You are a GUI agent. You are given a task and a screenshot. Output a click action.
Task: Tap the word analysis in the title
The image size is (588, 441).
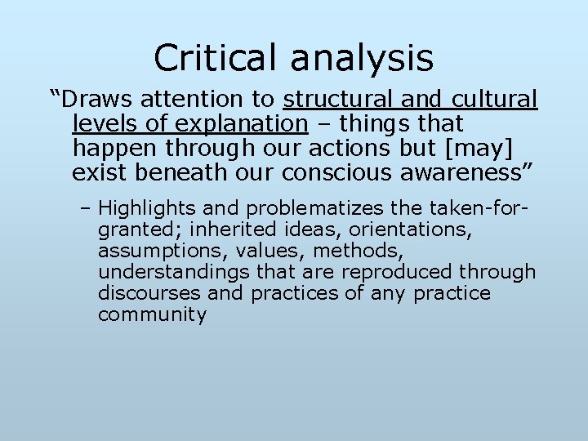[361, 58]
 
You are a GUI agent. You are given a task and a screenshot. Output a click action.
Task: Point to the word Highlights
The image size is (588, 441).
[149, 207]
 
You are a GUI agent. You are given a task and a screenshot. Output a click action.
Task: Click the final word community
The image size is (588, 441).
[152, 314]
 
